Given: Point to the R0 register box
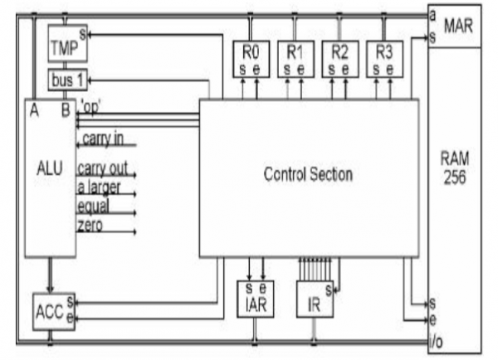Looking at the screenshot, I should pos(250,57).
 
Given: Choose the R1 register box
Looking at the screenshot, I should pos(295,57).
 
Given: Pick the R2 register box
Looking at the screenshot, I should pos(339,57).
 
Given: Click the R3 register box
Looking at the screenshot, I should pos(383,57).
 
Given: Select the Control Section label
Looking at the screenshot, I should pos(308,174).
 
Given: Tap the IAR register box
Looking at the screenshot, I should pos(254,299).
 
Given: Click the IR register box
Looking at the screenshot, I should pos(315,300).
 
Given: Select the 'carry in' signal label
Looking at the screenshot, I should pos(103,139).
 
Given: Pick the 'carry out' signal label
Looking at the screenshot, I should pos(106,168).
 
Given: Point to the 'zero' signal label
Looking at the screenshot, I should pos(90,225).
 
